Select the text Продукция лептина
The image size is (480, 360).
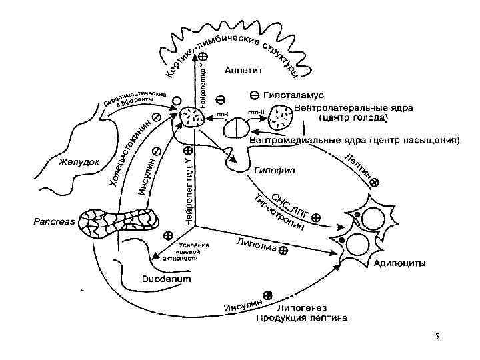(302, 318)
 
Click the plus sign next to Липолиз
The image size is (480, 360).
(283, 251)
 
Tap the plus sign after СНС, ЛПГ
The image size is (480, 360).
(315, 217)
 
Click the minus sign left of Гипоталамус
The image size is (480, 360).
(255, 95)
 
